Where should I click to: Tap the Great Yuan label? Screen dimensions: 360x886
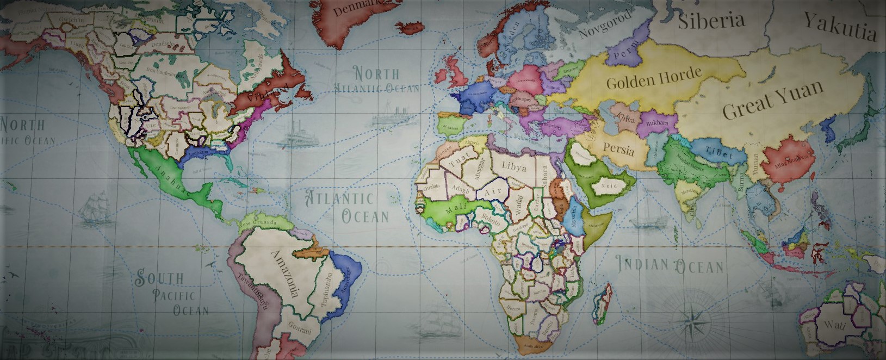coord(772,100)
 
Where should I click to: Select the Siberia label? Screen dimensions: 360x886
coord(711,21)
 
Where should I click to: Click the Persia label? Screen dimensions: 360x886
coord(618,148)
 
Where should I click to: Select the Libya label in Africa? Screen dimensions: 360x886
coord(514,165)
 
